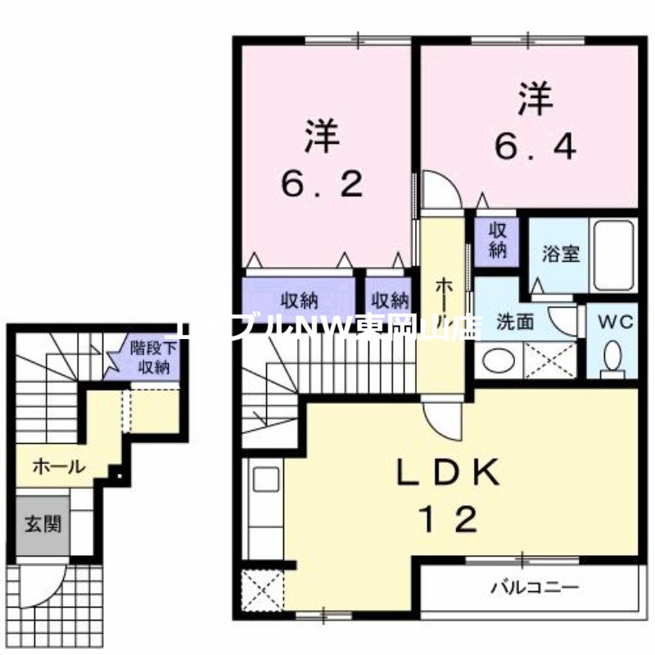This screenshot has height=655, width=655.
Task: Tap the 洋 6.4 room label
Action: point(535,123)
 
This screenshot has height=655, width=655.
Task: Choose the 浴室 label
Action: point(561,253)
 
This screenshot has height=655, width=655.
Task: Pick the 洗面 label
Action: point(515,322)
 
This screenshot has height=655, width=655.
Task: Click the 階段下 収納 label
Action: point(149,358)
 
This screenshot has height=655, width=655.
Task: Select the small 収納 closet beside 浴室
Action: point(498,239)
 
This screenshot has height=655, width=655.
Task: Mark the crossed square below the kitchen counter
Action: point(262,588)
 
